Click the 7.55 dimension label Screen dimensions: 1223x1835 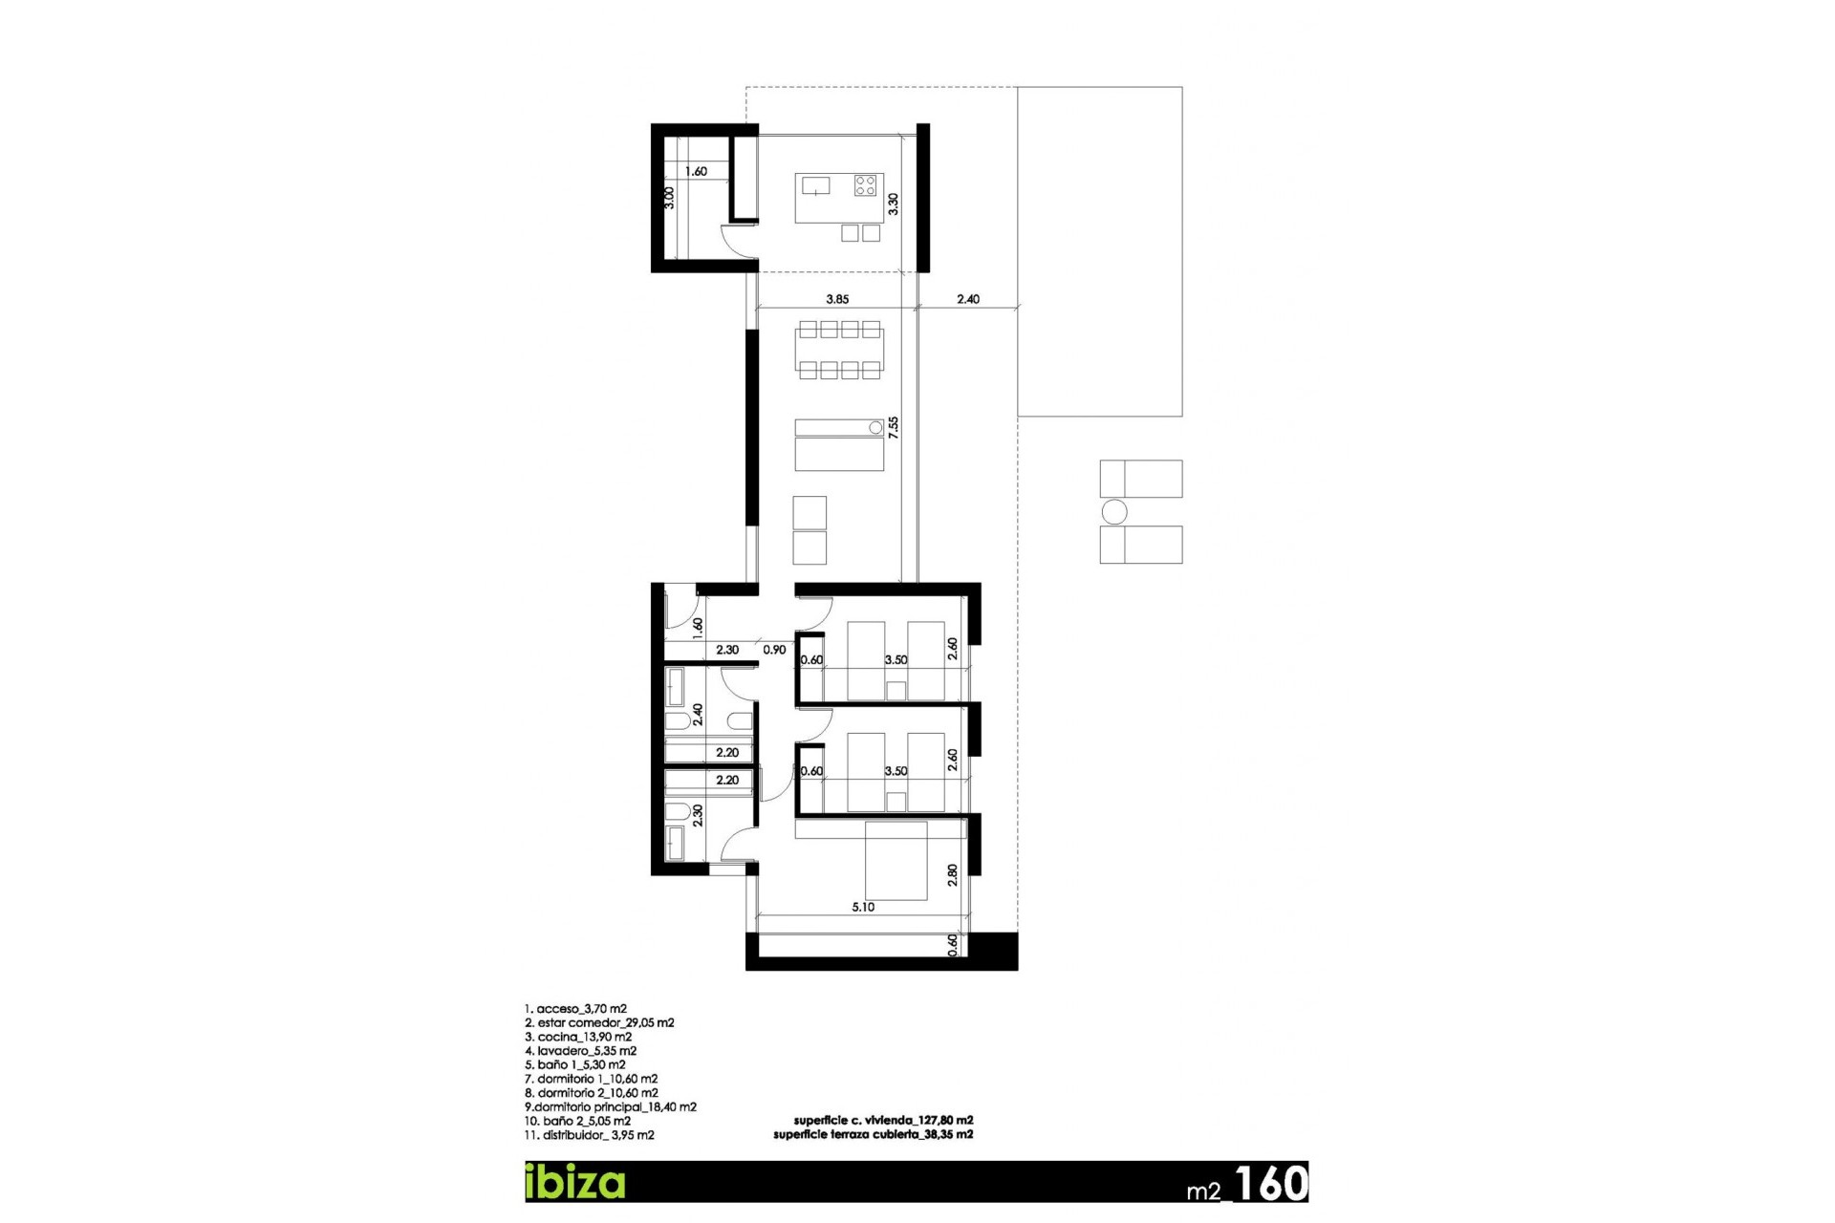(x=894, y=427)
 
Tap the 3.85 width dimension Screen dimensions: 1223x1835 (x=837, y=299)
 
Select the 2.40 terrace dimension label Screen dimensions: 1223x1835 (x=968, y=299)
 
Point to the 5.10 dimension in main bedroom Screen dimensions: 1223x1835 (x=863, y=907)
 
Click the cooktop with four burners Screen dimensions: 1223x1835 (x=865, y=184)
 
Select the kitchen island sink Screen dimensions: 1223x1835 (x=815, y=184)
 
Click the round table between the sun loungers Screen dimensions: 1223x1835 (x=1114, y=512)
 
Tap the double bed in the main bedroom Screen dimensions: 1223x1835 (x=896, y=860)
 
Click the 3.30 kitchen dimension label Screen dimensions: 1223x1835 (x=894, y=204)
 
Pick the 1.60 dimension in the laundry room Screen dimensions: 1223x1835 (x=696, y=172)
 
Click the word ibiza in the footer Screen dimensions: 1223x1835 (x=575, y=1182)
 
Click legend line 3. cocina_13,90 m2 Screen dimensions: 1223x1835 (x=578, y=1037)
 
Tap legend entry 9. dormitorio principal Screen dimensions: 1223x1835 (x=611, y=1107)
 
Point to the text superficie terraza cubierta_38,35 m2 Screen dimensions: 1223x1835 (x=873, y=1134)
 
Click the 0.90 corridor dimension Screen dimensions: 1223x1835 (x=774, y=650)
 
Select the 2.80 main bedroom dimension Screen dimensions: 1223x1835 (x=952, y=875)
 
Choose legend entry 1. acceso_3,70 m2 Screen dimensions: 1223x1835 (x=575, y=1009)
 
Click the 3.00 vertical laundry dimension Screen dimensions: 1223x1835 (x=669, y=198)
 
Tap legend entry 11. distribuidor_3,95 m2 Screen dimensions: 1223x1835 (x=590, y=1135)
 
